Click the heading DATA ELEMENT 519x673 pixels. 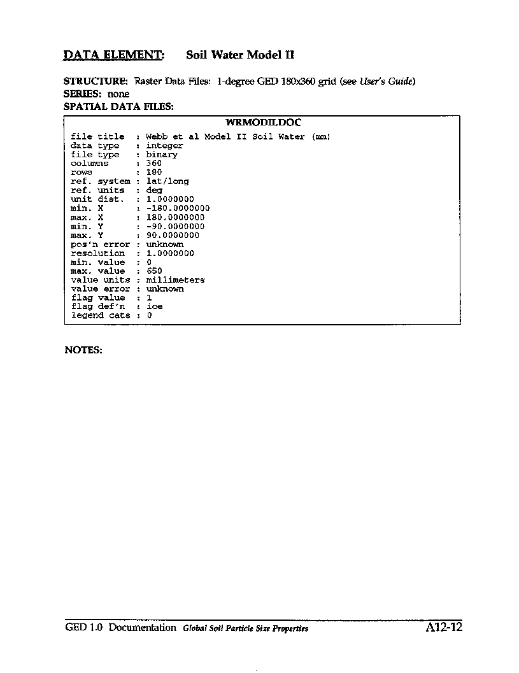coord(113,55)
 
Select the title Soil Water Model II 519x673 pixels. coord(240,55)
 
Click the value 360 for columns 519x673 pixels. coord(153,164)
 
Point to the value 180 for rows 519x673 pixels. coord(153,173)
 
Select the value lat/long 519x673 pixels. coord(167,181)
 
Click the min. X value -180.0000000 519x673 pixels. coord(178,208)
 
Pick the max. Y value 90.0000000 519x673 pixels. coord(173,236)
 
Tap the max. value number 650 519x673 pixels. coord(153,271)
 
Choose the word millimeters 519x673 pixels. coord(175,280)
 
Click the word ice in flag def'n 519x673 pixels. coord(154,307)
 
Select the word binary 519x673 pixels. coord(162,155)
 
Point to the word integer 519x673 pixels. coord(164,146)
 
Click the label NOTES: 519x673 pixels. coord(83,350)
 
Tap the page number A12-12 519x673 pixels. coord(444,628)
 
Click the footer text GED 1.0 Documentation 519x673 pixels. coord(120,628)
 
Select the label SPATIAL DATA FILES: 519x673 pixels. coord(118,106)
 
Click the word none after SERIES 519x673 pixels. coord(118,94)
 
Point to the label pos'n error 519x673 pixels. coord(100,244)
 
